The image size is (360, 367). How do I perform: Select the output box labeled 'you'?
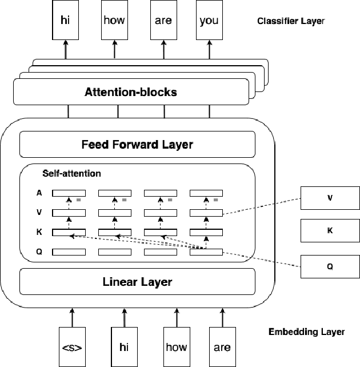(x=209, y=21)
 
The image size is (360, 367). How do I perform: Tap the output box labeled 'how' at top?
(x=114, y=21)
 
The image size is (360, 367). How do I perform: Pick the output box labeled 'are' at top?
(x=162, y=21)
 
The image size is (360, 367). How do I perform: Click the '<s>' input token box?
(x=72, y=346)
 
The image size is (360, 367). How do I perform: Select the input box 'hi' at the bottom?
(x=124, y=346)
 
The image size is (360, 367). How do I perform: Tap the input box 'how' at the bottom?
(x=176, y=346)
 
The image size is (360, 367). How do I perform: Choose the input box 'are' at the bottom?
(x=222, y=346)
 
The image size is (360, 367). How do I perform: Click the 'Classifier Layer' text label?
(x=291, y=21)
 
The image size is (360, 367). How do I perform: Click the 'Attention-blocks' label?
(x=130, y=92)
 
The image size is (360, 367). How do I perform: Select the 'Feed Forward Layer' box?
(x=137, y=145)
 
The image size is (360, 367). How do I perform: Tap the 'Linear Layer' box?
(x=137, y=281)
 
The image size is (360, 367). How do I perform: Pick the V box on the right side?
(x=330, y=198)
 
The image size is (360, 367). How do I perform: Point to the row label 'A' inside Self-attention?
(x=39, y=193)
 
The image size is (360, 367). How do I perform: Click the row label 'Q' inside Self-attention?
(x=39, y=252)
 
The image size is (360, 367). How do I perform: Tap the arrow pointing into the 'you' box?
(x=209, y=50)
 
